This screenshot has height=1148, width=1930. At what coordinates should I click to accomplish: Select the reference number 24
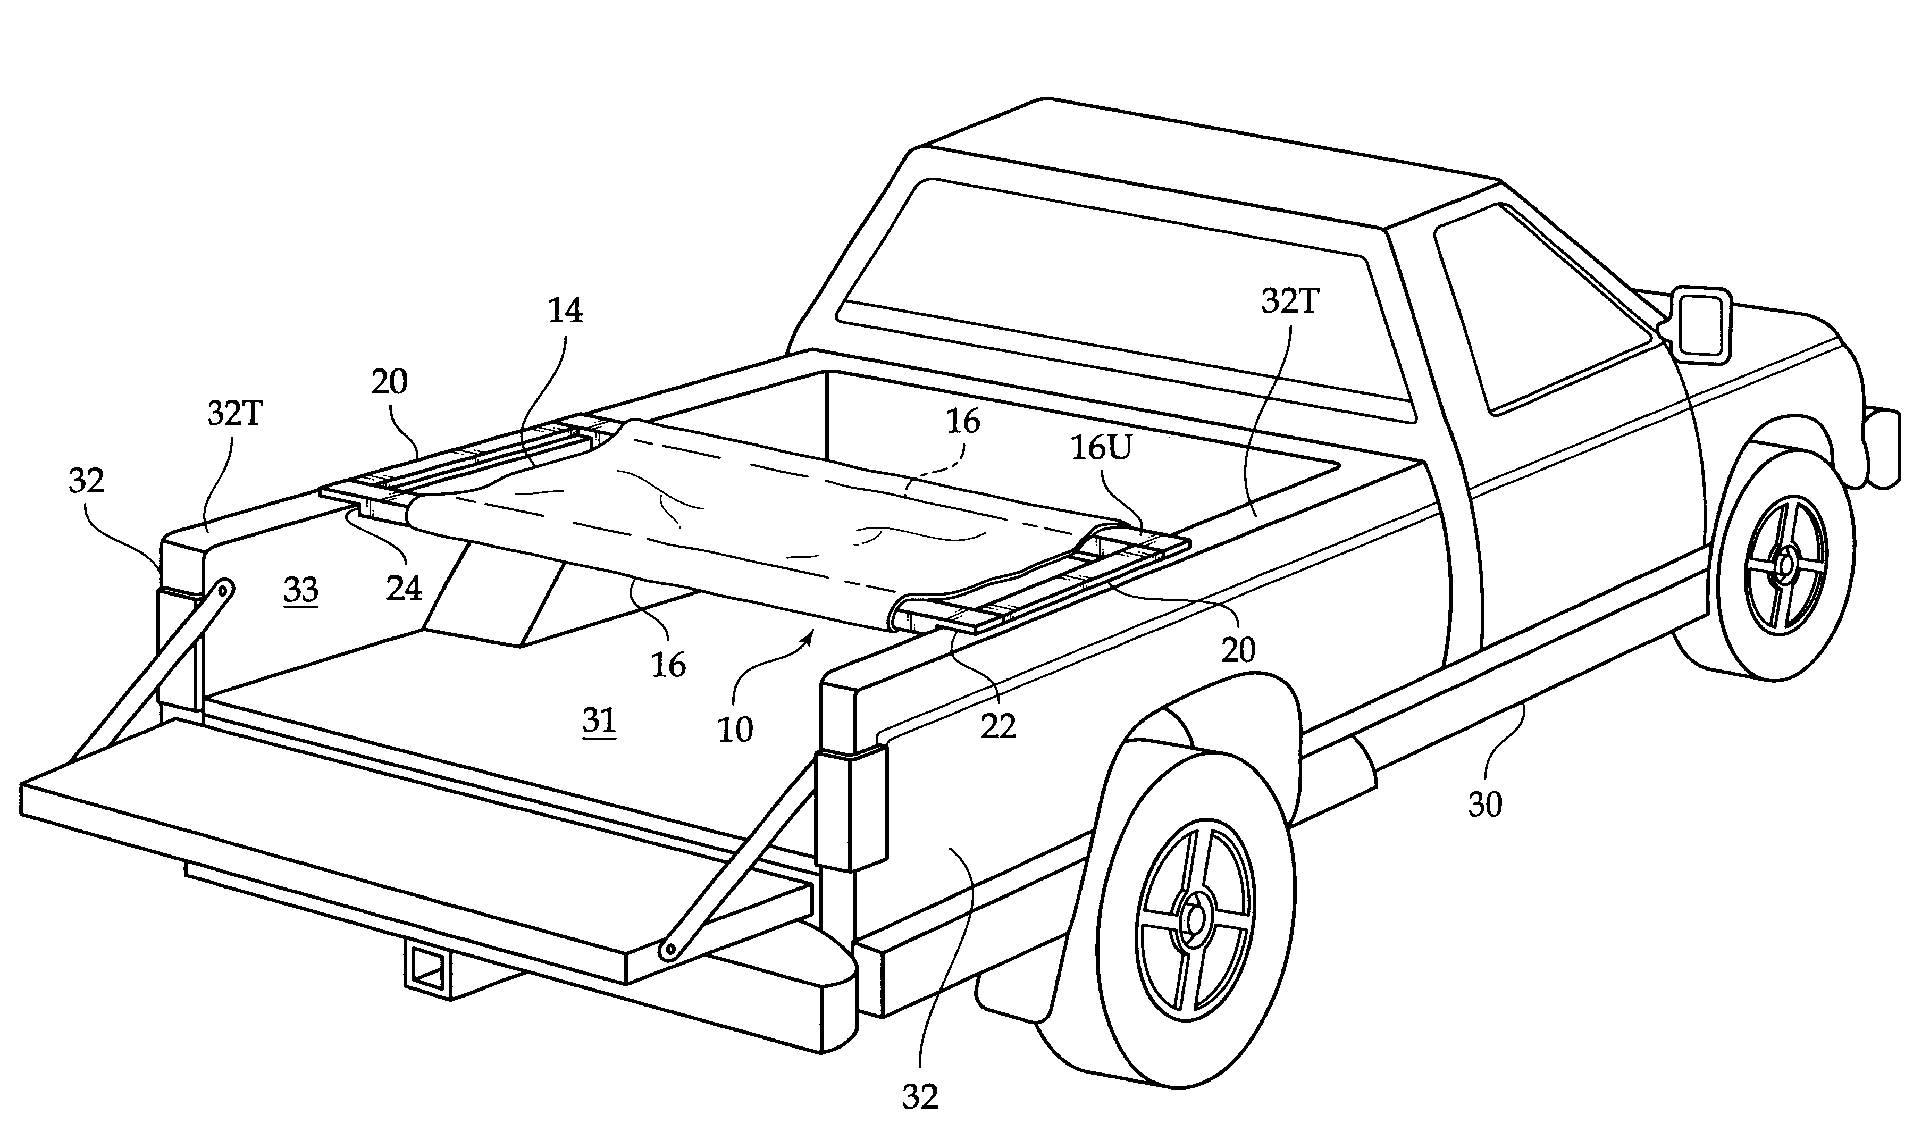(x=404, y=589)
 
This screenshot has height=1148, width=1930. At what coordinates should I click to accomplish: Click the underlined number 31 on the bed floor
(x=599, y=721)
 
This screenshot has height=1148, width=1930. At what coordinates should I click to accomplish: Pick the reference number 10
(x=734, y=730)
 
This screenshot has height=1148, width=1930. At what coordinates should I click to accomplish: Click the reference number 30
(x=1484, y=806)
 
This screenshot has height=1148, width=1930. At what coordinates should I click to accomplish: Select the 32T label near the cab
(x=1289, y=301)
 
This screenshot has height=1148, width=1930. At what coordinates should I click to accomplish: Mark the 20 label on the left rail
(x=389, y=382)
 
